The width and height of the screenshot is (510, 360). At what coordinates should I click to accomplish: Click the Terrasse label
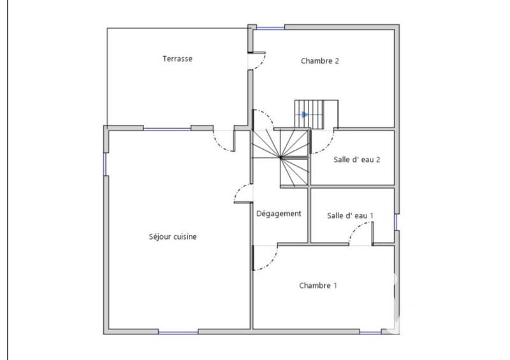(177, 59)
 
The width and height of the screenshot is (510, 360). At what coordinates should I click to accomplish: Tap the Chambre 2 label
(319, 61)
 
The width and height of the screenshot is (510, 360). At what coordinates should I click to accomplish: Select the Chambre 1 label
(318, 285)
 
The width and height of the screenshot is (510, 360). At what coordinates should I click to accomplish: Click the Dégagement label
(279, 213)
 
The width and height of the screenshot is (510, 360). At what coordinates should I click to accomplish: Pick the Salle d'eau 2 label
(357, 159)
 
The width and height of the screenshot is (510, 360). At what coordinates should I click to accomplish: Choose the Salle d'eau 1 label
(350, 216)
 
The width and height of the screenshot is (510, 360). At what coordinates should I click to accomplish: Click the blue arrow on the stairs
(305, 115)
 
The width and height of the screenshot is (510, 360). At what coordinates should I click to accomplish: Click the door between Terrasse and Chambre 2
(257, 61)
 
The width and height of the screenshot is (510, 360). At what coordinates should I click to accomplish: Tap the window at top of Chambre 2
(270, 27)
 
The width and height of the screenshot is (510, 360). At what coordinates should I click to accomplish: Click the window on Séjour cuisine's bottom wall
(178, 331)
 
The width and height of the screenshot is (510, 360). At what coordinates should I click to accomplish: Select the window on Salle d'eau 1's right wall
(396, 221)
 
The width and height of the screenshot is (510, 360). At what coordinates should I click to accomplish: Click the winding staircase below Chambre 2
(280, 156)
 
